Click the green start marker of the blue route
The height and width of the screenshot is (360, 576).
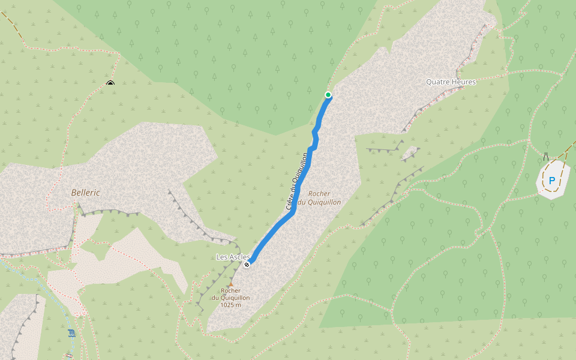[x=328, y=95]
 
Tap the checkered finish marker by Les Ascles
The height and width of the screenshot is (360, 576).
[x=247, y=264]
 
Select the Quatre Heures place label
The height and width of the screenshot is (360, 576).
[x=451, y=82]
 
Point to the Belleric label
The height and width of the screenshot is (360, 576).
[x=85, y=193]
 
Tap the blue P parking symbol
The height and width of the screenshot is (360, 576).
[x=551, y=180]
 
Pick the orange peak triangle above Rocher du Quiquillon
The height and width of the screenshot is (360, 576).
[x=230, y=284]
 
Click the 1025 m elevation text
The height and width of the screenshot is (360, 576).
[x=230, y=305]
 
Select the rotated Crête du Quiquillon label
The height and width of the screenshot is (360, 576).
[x=297, y=181]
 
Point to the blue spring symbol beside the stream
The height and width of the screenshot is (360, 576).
[x=71, y=333]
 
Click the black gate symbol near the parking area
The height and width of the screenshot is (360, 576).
[x=546, y=156]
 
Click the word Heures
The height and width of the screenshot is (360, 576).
[x=464, y=82]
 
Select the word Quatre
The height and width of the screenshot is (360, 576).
[x=437, y=82]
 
